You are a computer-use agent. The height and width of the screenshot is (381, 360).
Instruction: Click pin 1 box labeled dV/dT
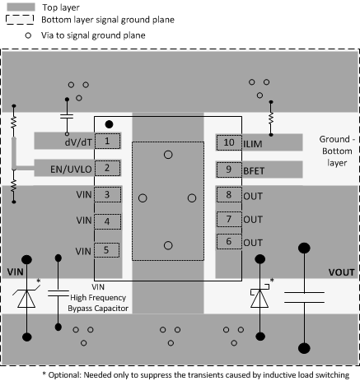tap(107, 142)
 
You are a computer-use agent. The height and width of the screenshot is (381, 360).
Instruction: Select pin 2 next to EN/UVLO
tap(107, 169)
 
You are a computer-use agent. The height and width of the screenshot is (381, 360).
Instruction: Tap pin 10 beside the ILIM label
tap(228, 142)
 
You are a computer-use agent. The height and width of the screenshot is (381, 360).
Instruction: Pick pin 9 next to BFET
tap(228, 170)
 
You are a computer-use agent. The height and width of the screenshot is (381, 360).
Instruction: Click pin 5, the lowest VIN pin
tap(107, 250)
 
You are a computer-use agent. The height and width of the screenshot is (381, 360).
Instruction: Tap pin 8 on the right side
tap(228, 195)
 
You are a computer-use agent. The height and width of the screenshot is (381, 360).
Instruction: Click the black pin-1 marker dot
tap(110, 124)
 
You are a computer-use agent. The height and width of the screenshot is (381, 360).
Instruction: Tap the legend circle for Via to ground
tap(29, 36)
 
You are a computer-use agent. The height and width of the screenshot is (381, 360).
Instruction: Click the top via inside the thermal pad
tap(168, 154)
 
